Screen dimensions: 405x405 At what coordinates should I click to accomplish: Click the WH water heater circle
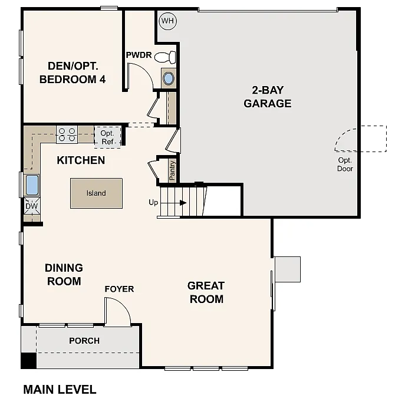168,21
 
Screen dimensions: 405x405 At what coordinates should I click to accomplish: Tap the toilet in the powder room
170,57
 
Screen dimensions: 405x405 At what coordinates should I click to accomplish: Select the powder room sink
169,78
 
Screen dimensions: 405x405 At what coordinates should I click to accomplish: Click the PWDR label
139,55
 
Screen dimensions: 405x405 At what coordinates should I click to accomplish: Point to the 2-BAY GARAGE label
268,97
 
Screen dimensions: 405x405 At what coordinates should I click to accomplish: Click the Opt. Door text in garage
345,164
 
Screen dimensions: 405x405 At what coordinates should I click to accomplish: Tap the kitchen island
96,193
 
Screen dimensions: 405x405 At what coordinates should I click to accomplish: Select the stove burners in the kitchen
67,134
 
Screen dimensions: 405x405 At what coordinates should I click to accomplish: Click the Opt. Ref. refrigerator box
107,137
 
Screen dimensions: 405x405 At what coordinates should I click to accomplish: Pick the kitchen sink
31,185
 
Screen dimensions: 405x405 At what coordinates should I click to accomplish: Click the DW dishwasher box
31,206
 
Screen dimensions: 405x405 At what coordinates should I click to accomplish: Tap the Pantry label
172,170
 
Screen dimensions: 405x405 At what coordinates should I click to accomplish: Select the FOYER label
119,289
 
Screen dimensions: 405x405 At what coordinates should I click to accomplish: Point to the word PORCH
84,341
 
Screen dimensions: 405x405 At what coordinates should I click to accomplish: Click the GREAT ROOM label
206,292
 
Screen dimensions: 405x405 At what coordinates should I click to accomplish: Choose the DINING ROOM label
64,275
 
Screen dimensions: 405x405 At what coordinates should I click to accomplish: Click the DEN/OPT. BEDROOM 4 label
73,73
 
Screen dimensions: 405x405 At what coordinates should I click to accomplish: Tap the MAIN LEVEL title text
59,389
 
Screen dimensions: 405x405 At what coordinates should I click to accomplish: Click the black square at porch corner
28,361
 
